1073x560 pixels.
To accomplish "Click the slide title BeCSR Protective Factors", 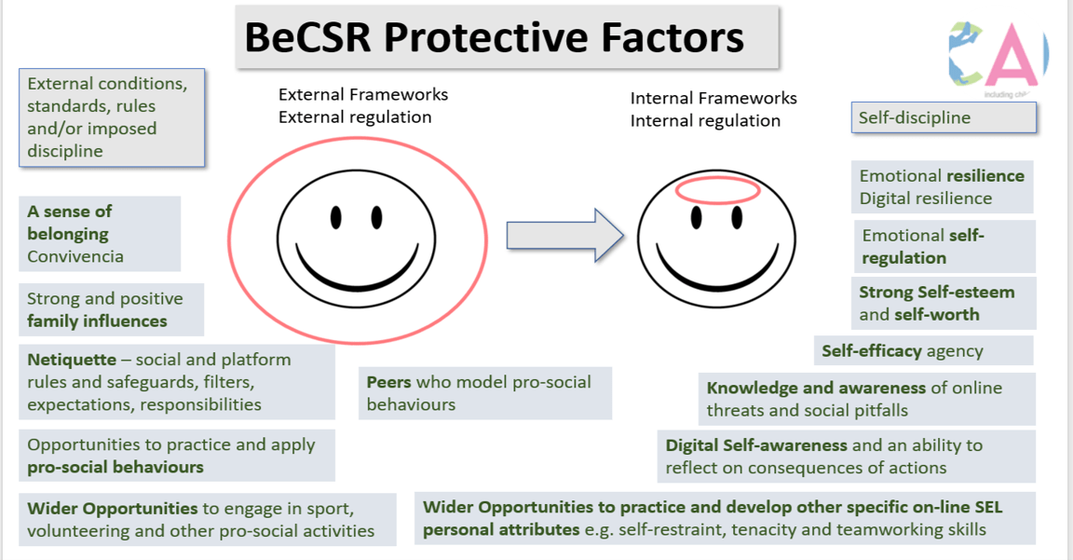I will point(494,37).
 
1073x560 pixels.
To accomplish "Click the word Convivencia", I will point(75,256).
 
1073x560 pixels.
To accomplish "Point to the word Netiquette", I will point(72,360).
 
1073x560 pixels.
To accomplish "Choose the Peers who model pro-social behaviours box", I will point(484,393).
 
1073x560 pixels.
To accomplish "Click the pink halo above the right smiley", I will point(718,191).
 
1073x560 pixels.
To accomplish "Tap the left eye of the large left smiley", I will point(335,217).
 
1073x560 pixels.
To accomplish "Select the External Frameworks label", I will point(363,95).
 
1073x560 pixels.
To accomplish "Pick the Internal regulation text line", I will point(705,121).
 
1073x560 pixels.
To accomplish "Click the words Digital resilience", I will point(925,198).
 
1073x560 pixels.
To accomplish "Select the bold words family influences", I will point(97,321).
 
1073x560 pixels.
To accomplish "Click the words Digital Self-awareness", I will point(756,445).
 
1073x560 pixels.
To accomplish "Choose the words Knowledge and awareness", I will point(816,388).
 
